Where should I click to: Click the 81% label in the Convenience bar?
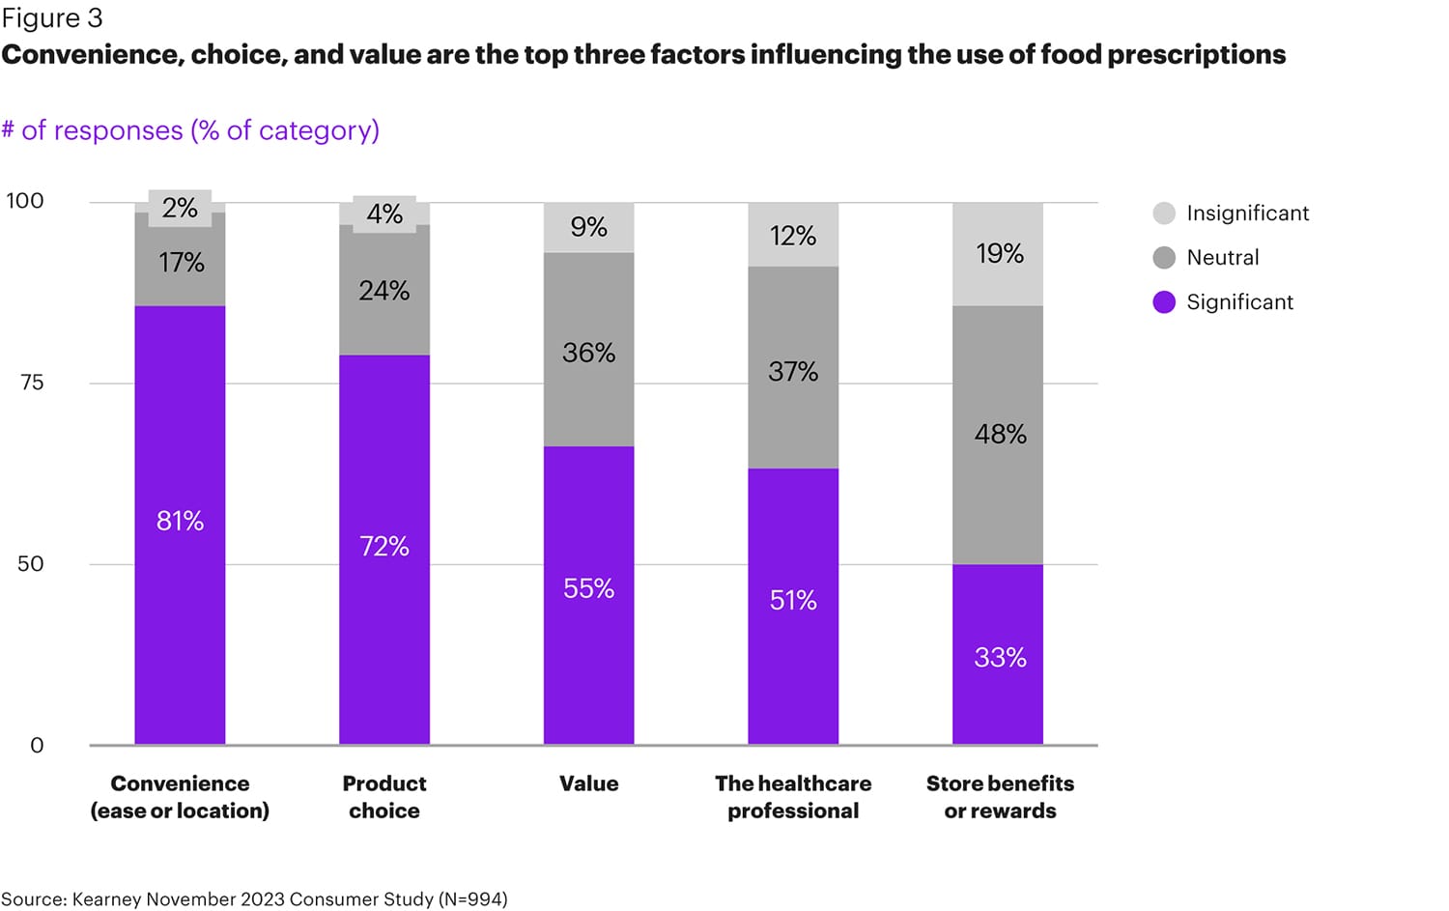(180, 522)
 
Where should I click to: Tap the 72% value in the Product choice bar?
(384, 547)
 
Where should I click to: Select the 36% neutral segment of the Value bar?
(588, 353)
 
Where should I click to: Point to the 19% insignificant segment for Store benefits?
(999, 253)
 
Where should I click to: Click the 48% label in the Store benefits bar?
(1000, 434)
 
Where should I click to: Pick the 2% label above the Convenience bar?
(180, 208)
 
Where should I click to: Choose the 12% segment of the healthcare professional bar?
(793, 236)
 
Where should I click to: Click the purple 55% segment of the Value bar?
(588, 588)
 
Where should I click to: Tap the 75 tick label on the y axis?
(32, 383)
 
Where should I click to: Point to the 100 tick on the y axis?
(25, 201)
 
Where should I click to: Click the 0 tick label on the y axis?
(37, 745)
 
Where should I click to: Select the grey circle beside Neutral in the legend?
(1164, 258)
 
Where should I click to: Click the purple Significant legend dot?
(1164, 302)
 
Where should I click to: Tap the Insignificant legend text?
(1247, 214)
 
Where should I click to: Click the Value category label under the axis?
(588, 783)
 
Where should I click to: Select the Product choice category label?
(384, 797)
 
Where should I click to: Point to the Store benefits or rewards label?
(1000, 797)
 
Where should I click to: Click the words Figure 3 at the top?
(52, 18)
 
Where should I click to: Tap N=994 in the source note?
(472, 899)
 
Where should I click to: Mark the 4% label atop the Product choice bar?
(384, 214)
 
